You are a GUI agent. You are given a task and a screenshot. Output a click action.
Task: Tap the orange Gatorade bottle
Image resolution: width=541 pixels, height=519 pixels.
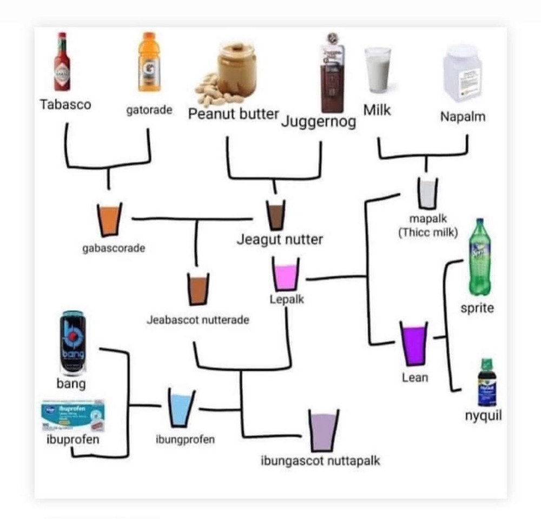pos(149,62)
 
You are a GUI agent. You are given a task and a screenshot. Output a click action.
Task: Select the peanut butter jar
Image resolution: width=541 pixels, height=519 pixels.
pos(236,70)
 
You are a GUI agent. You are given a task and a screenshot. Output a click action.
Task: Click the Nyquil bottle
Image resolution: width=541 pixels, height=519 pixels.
pos(486,382)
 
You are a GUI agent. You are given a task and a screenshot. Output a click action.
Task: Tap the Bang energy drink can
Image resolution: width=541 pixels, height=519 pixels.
pos(72,343)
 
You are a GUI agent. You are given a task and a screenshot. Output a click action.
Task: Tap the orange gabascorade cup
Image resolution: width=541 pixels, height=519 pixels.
pos(109,219)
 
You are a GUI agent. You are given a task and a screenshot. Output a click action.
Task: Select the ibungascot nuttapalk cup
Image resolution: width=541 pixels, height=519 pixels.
pos(323,430)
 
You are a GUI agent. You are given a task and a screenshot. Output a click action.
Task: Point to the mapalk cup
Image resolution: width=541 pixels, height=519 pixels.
pos(427,194)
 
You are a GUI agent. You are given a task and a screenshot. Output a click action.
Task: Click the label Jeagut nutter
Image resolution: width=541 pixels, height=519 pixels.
pos(279,239)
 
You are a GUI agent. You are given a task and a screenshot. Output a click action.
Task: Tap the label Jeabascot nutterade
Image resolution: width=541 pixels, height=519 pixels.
pos(198,320)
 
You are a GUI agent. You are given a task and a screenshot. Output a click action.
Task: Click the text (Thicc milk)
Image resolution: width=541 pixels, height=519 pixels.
pos(428,233)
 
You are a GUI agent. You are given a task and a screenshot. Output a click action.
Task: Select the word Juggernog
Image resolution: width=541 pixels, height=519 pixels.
pos(319,121)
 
